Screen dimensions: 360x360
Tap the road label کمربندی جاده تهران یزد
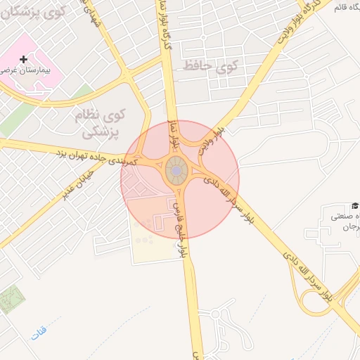coord(98,155)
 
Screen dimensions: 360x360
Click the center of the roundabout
coord(176,170)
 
